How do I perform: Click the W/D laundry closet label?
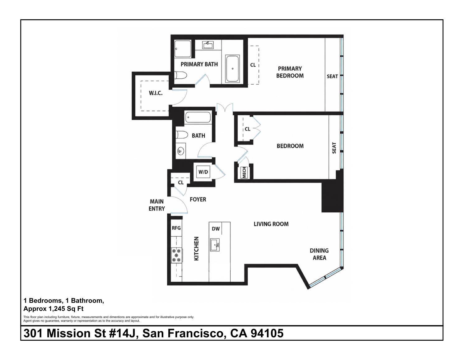(x=203, y=172)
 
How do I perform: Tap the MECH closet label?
(x=244, y=173)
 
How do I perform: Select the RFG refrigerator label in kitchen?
(x=176, y=228)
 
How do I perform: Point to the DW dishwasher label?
(x=216, y=228)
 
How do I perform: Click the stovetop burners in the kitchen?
(x=177, y=255)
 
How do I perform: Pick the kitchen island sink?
(x=215, y=245)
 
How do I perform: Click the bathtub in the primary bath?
(x=232, y=69)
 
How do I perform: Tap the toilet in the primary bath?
(x=180, y=75)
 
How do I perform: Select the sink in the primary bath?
(x=207, y=45)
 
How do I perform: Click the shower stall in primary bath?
(x=183, y=49)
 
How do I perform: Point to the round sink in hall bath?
(x=181, y=151)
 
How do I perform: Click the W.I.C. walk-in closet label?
(x=156, y=93)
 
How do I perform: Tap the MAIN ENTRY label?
(x=157, y=205)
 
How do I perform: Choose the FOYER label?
(x=198, y=200)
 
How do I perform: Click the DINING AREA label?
(x=319, y=254)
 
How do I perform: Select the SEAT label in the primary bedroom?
(x=333, y=76)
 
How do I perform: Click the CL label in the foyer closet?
(x=181, y=182)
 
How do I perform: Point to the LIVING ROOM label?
(x=271, y=224)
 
